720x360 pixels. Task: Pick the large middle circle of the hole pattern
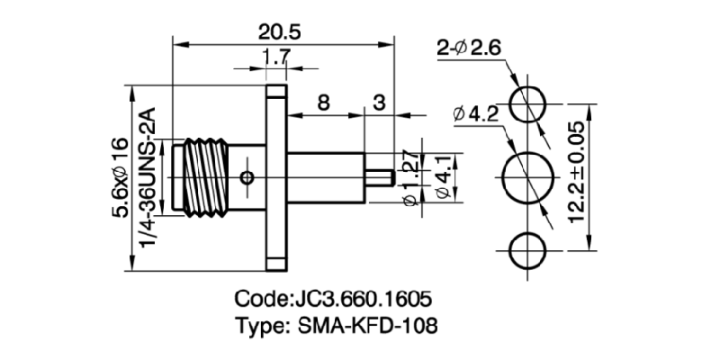[527, 176]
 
